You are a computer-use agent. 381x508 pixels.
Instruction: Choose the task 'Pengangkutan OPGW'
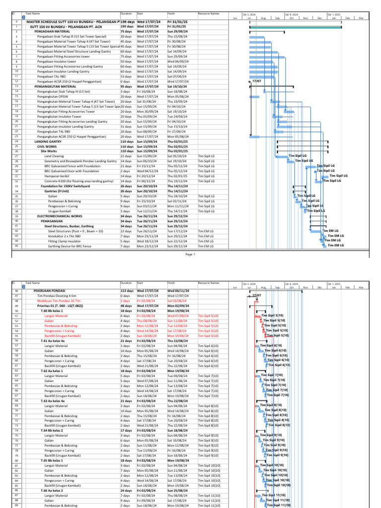(x=55, y=96)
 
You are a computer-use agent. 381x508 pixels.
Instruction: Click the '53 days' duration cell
(x=126, y=76)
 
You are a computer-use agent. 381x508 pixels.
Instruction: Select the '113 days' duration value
(x=127, y=291)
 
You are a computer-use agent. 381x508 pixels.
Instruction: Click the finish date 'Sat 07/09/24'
(x=177, y=76)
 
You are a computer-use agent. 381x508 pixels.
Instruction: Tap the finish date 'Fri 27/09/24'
(x=177, y=131)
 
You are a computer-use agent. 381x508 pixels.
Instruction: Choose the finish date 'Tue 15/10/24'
(x=177, y=126)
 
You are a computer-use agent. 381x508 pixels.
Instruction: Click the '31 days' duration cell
(x=126, y=126)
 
